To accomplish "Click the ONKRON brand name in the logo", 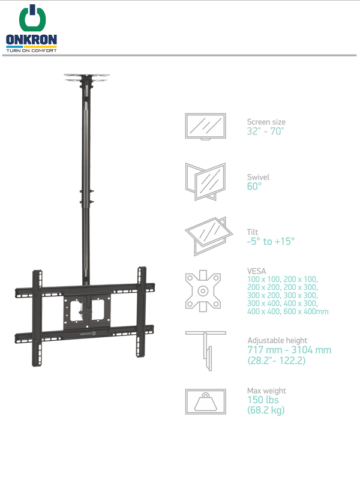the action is (31, 40).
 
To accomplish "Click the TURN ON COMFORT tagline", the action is (32, 50).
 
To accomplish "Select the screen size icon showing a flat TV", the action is (205, 127).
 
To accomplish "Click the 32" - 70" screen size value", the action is (265, 131).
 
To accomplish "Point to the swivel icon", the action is (205, 182).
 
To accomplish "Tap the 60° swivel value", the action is (254, 186).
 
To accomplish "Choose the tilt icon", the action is (208, 236).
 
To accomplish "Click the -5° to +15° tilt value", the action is (271, 241).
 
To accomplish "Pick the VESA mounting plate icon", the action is (203, 291).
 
